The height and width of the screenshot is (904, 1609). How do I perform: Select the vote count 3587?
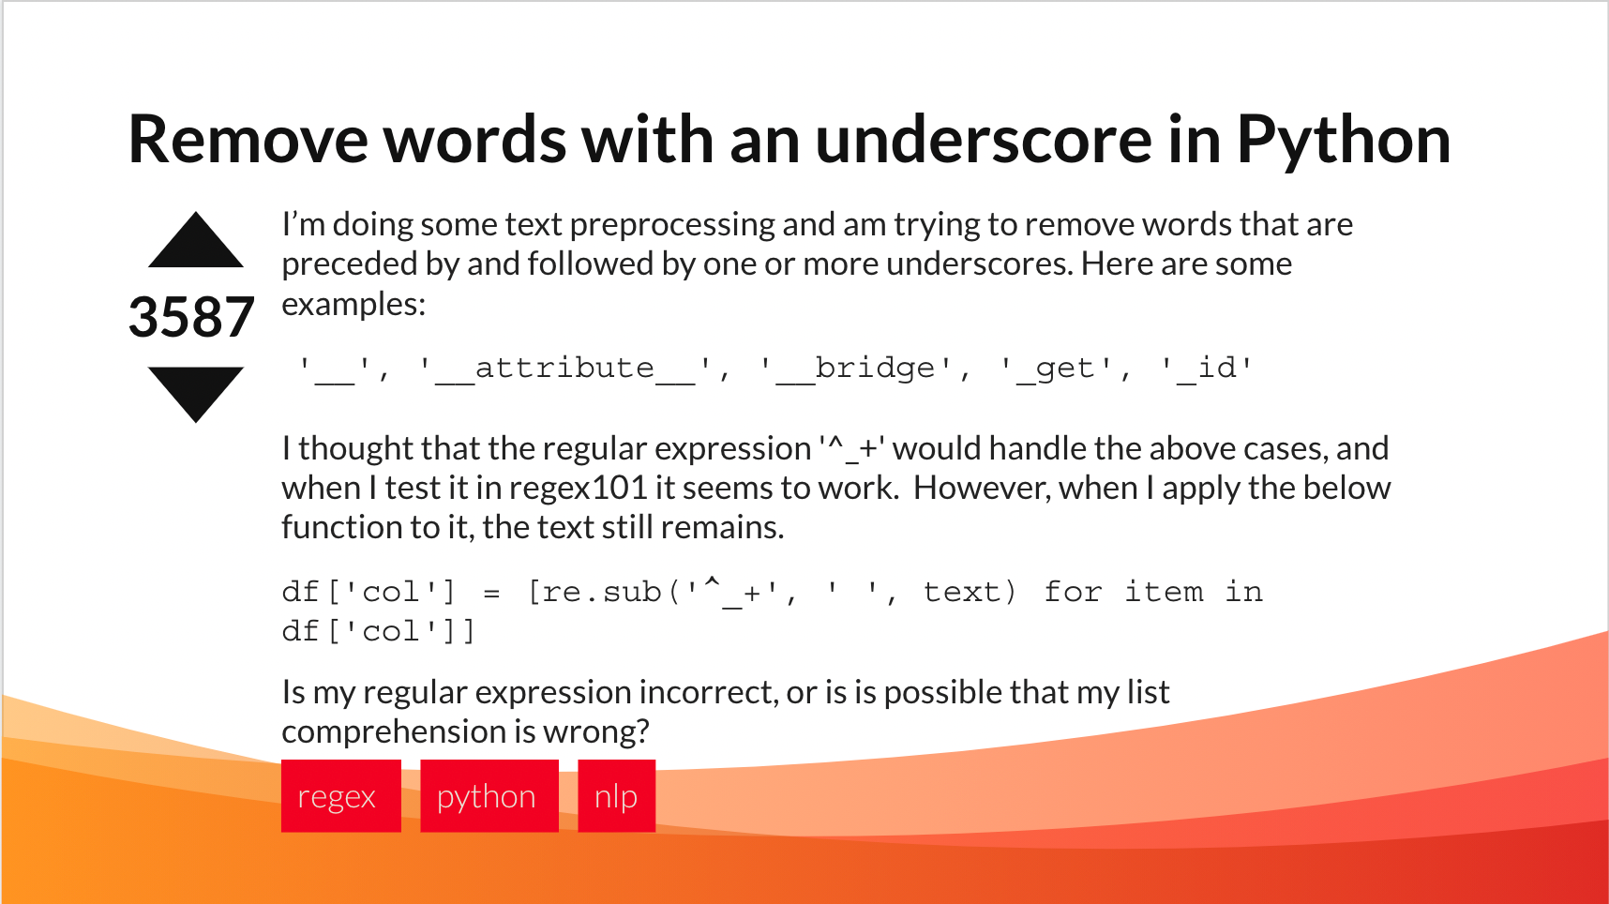191,317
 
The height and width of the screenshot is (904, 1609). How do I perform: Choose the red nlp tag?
617,796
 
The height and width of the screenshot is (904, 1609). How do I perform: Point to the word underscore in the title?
984,139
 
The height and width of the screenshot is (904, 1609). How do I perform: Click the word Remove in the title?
248,139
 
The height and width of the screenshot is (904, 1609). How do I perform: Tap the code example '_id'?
1207,368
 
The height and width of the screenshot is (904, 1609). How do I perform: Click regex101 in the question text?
579,488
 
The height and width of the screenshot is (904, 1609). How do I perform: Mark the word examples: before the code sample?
353,305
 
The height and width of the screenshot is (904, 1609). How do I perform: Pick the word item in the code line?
1164,592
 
